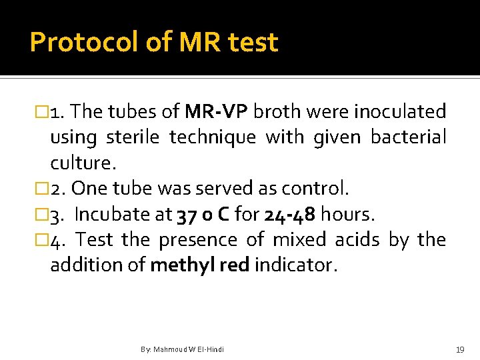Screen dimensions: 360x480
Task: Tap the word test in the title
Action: [x=253, y=42]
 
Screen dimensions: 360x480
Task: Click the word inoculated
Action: [x=399, y=111]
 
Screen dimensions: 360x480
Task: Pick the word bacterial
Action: [x=408, y=137]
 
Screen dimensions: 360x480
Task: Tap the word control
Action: [x=315, y=189]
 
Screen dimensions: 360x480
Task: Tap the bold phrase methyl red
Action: [x=199, y=266]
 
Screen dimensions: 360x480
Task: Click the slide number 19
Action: [x=459, y=349]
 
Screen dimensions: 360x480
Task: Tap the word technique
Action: [x=212, y=137]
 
